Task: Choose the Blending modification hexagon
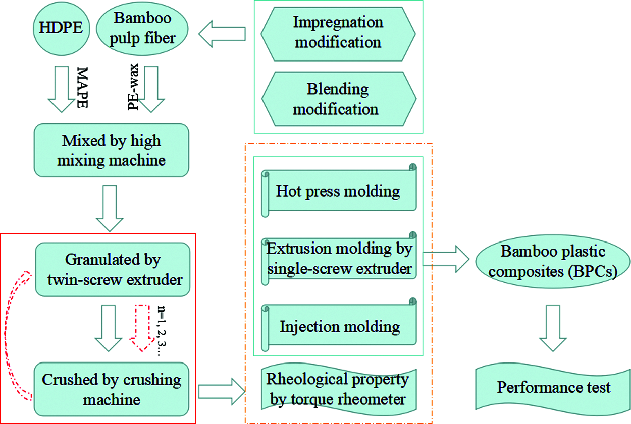click(x=338, y=99)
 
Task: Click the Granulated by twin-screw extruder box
click(x=113, y=269)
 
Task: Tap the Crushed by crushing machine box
click(x=113, y=390)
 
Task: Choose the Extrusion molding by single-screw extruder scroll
click(x=339, y=259)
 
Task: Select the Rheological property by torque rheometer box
click(x=338, y=389)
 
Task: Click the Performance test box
click(x=554, y=388)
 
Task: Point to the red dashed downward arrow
click(x=143, y=326)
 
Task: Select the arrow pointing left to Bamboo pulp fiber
click(x=222, y=34)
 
